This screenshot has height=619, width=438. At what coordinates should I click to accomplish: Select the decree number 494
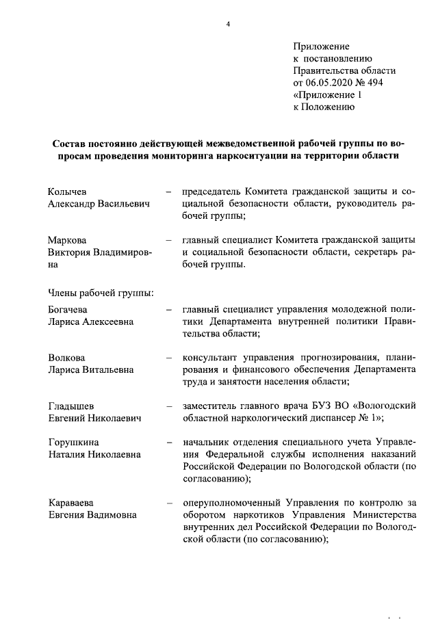pyautogui.click(x=374, y=82)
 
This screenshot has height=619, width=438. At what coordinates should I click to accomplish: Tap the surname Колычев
pyautogui.click(x=68, y=192)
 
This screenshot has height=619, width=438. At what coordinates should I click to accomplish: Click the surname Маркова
pyautogui.click(x=67, y=240)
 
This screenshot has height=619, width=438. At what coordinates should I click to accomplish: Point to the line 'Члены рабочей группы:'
pyautogui.click(x=100, y=293)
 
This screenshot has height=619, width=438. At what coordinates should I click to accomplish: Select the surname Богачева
pyautogui.click(x=68, y=309)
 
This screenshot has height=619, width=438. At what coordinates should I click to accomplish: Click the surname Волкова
pyautogui.click(x=67, y=358)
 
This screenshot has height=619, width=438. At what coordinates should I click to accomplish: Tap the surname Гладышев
pyautogui.click(x=71, y=406)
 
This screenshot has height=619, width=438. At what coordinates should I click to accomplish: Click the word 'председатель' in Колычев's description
pyautogui.click(x=211, y=192)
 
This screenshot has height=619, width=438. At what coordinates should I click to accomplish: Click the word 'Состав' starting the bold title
pyautogui.click(x=71, y=144)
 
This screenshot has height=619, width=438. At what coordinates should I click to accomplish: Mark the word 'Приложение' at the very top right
pyautogui.click(x=321, y=47)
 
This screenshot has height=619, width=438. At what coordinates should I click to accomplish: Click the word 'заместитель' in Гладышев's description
pyautogui.click(x=211, y=406)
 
